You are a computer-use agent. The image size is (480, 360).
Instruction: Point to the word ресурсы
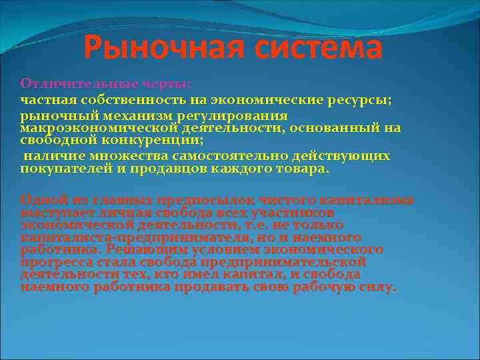click(365, 99)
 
